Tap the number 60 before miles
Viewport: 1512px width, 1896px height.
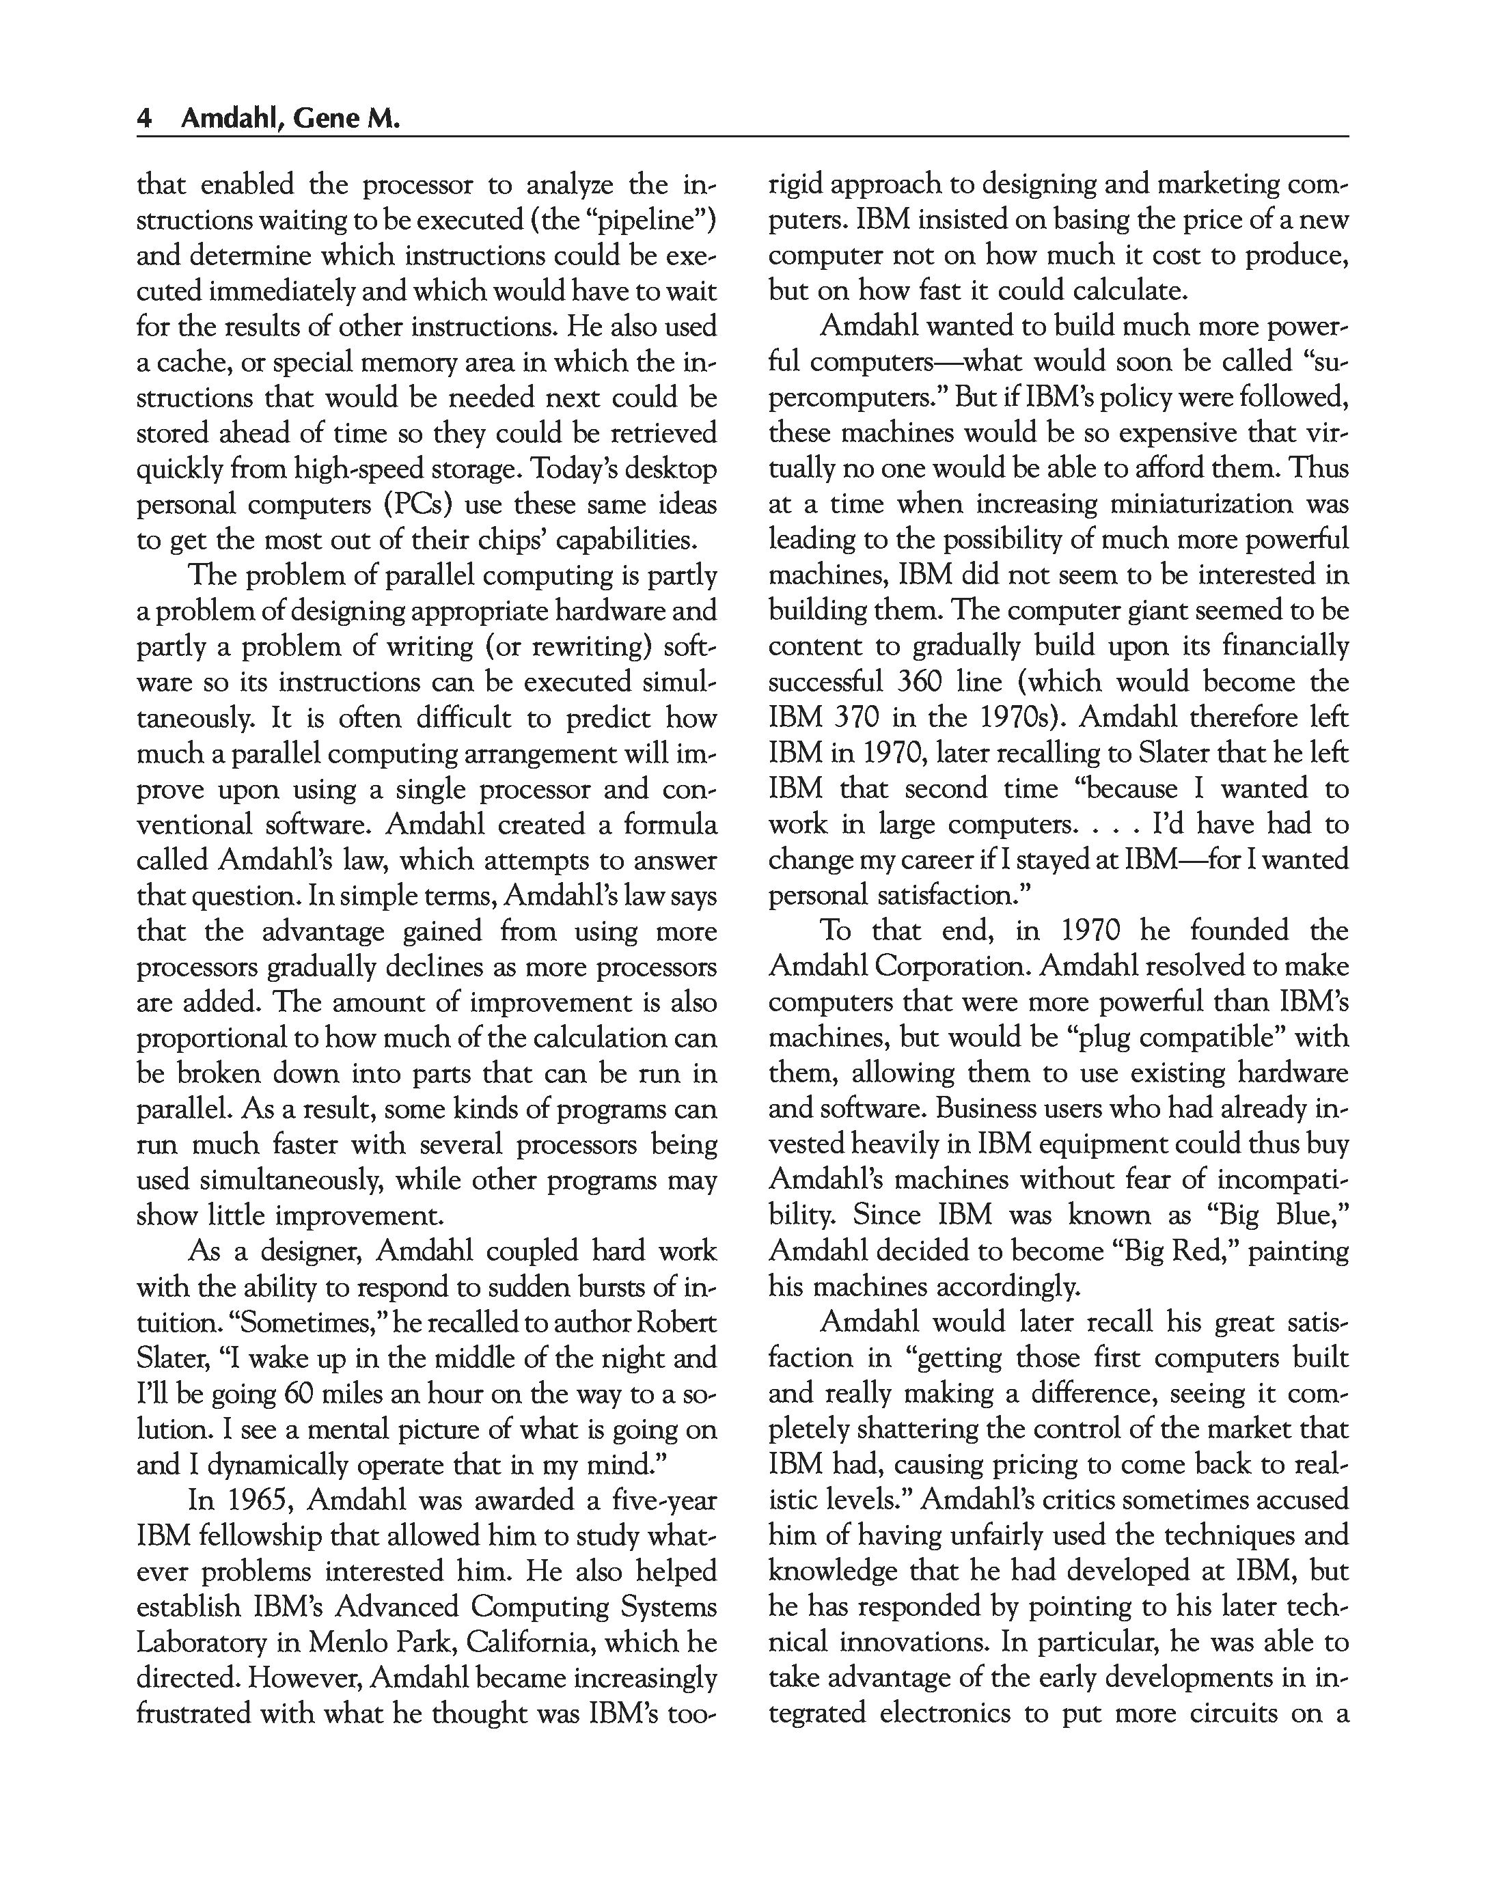(303, 1394)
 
